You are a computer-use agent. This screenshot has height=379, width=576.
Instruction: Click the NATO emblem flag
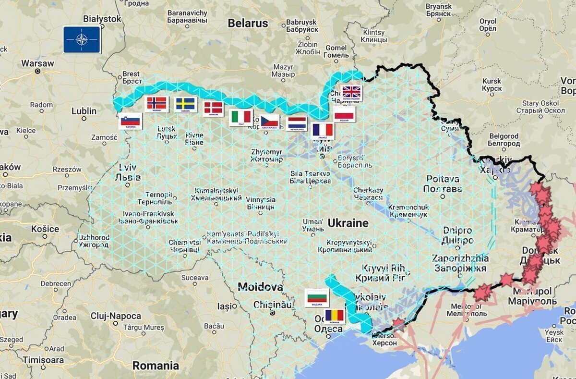click(x=82, y=39)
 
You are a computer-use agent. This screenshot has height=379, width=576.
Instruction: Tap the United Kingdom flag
click(x=351, y=92)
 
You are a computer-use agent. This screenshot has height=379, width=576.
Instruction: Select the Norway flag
click(x=156, y=103)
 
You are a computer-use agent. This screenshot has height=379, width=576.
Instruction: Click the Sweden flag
click(x=185, y=104)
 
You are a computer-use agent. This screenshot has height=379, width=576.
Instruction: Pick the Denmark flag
click(x=213, y=108)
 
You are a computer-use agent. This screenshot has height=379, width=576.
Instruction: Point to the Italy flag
click(x=241, y=117)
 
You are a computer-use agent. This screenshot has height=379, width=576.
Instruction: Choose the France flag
click(x=323, y=130)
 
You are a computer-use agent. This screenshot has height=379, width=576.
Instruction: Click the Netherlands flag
click(x=297, y=123)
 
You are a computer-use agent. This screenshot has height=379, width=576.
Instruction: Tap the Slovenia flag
click(x=130, y=121)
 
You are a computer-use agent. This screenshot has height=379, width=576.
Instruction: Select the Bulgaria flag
click(x=317, y=298)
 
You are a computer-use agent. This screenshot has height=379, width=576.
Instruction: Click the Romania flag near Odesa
click(x=335, y=316)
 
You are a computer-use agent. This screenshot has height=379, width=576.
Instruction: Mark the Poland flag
click(x=345, y=113)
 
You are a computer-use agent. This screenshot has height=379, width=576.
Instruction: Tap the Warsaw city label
click(x=37, y=63)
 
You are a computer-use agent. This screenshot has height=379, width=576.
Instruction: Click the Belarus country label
click(x=248, y=23)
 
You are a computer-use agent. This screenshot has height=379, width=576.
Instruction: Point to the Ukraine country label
click(x=348, y=223)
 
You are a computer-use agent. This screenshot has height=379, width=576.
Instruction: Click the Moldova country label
click(x=260, y=287)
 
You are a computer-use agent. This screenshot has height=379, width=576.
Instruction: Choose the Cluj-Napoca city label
click(x=116, y=316)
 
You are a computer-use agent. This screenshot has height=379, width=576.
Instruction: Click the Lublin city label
click(x=84, y=111)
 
